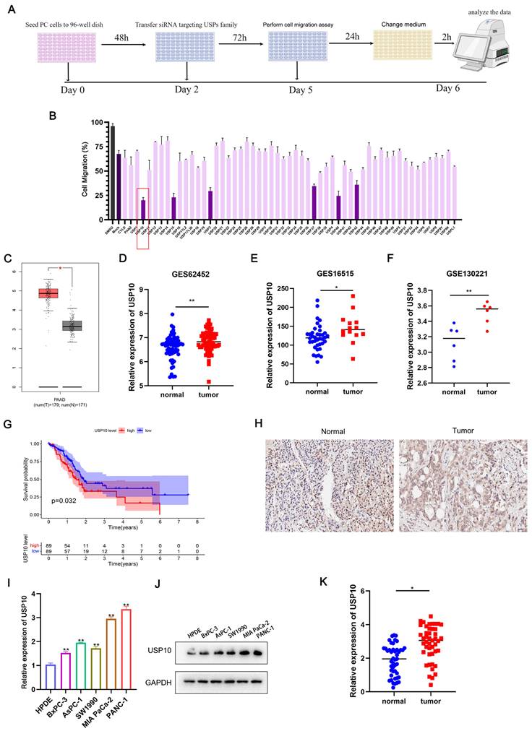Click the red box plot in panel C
(48, 293)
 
